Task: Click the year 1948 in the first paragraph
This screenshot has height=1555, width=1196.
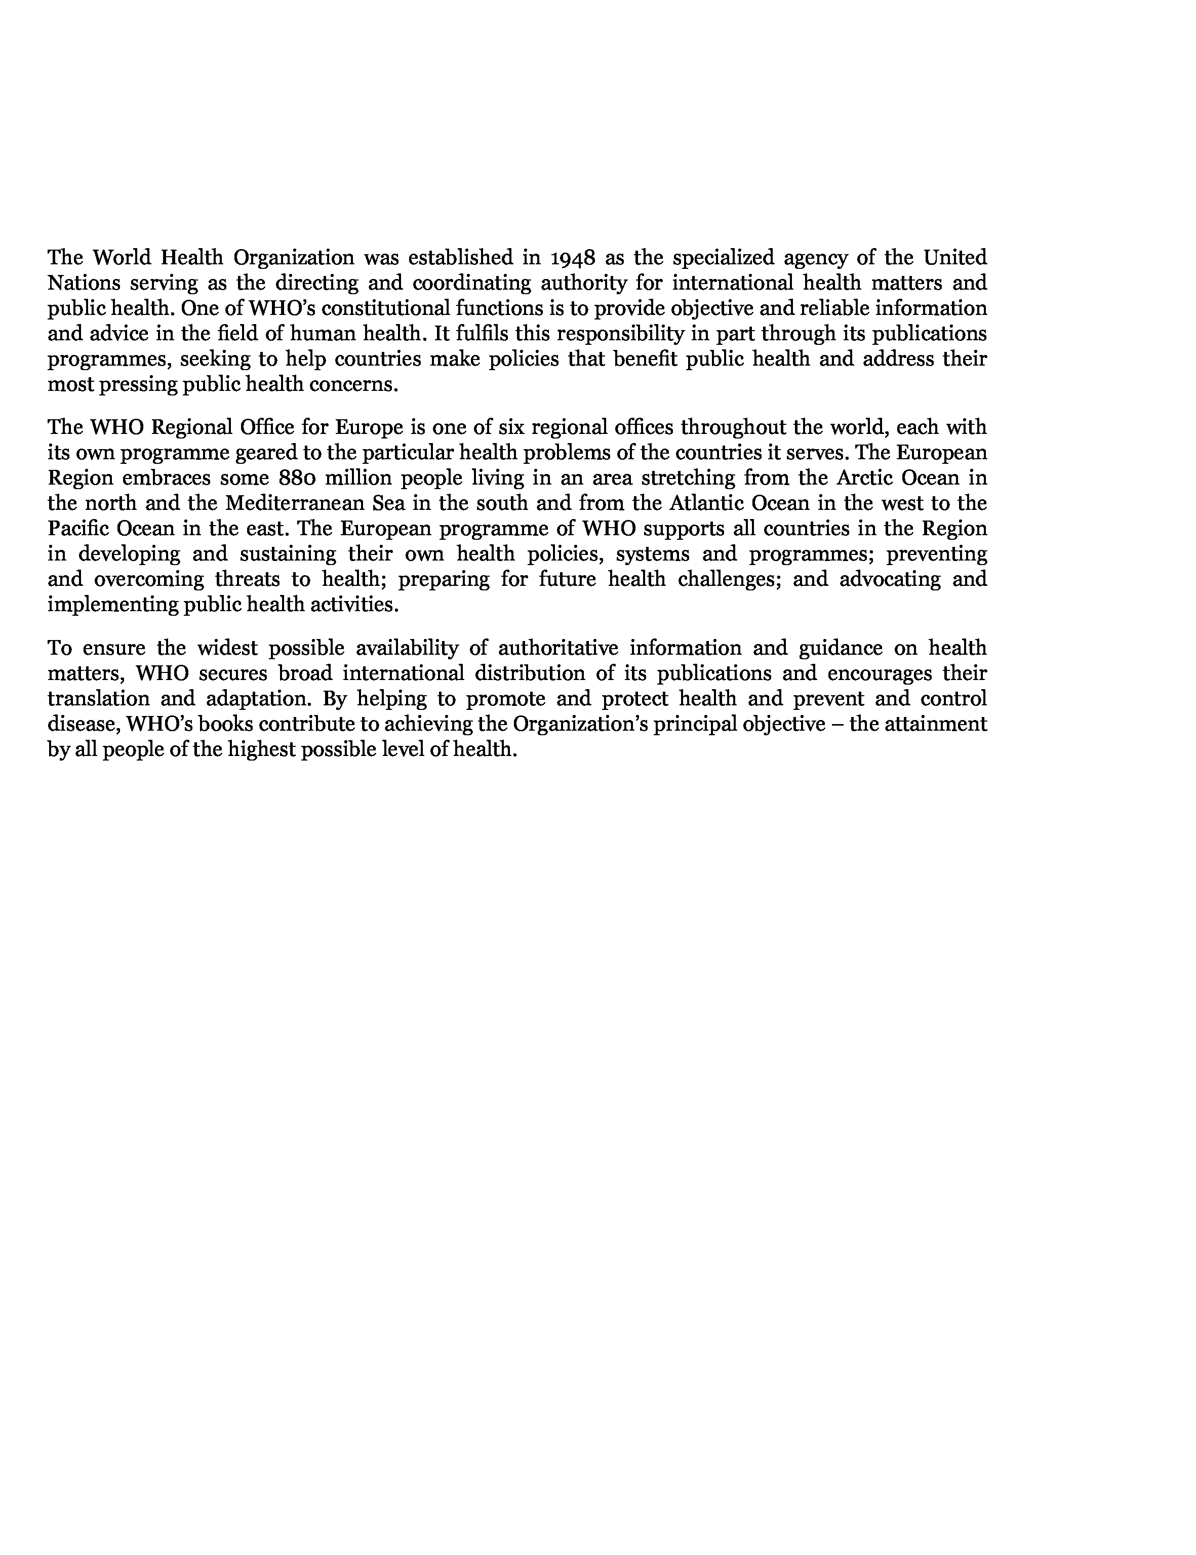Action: point(574,257)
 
